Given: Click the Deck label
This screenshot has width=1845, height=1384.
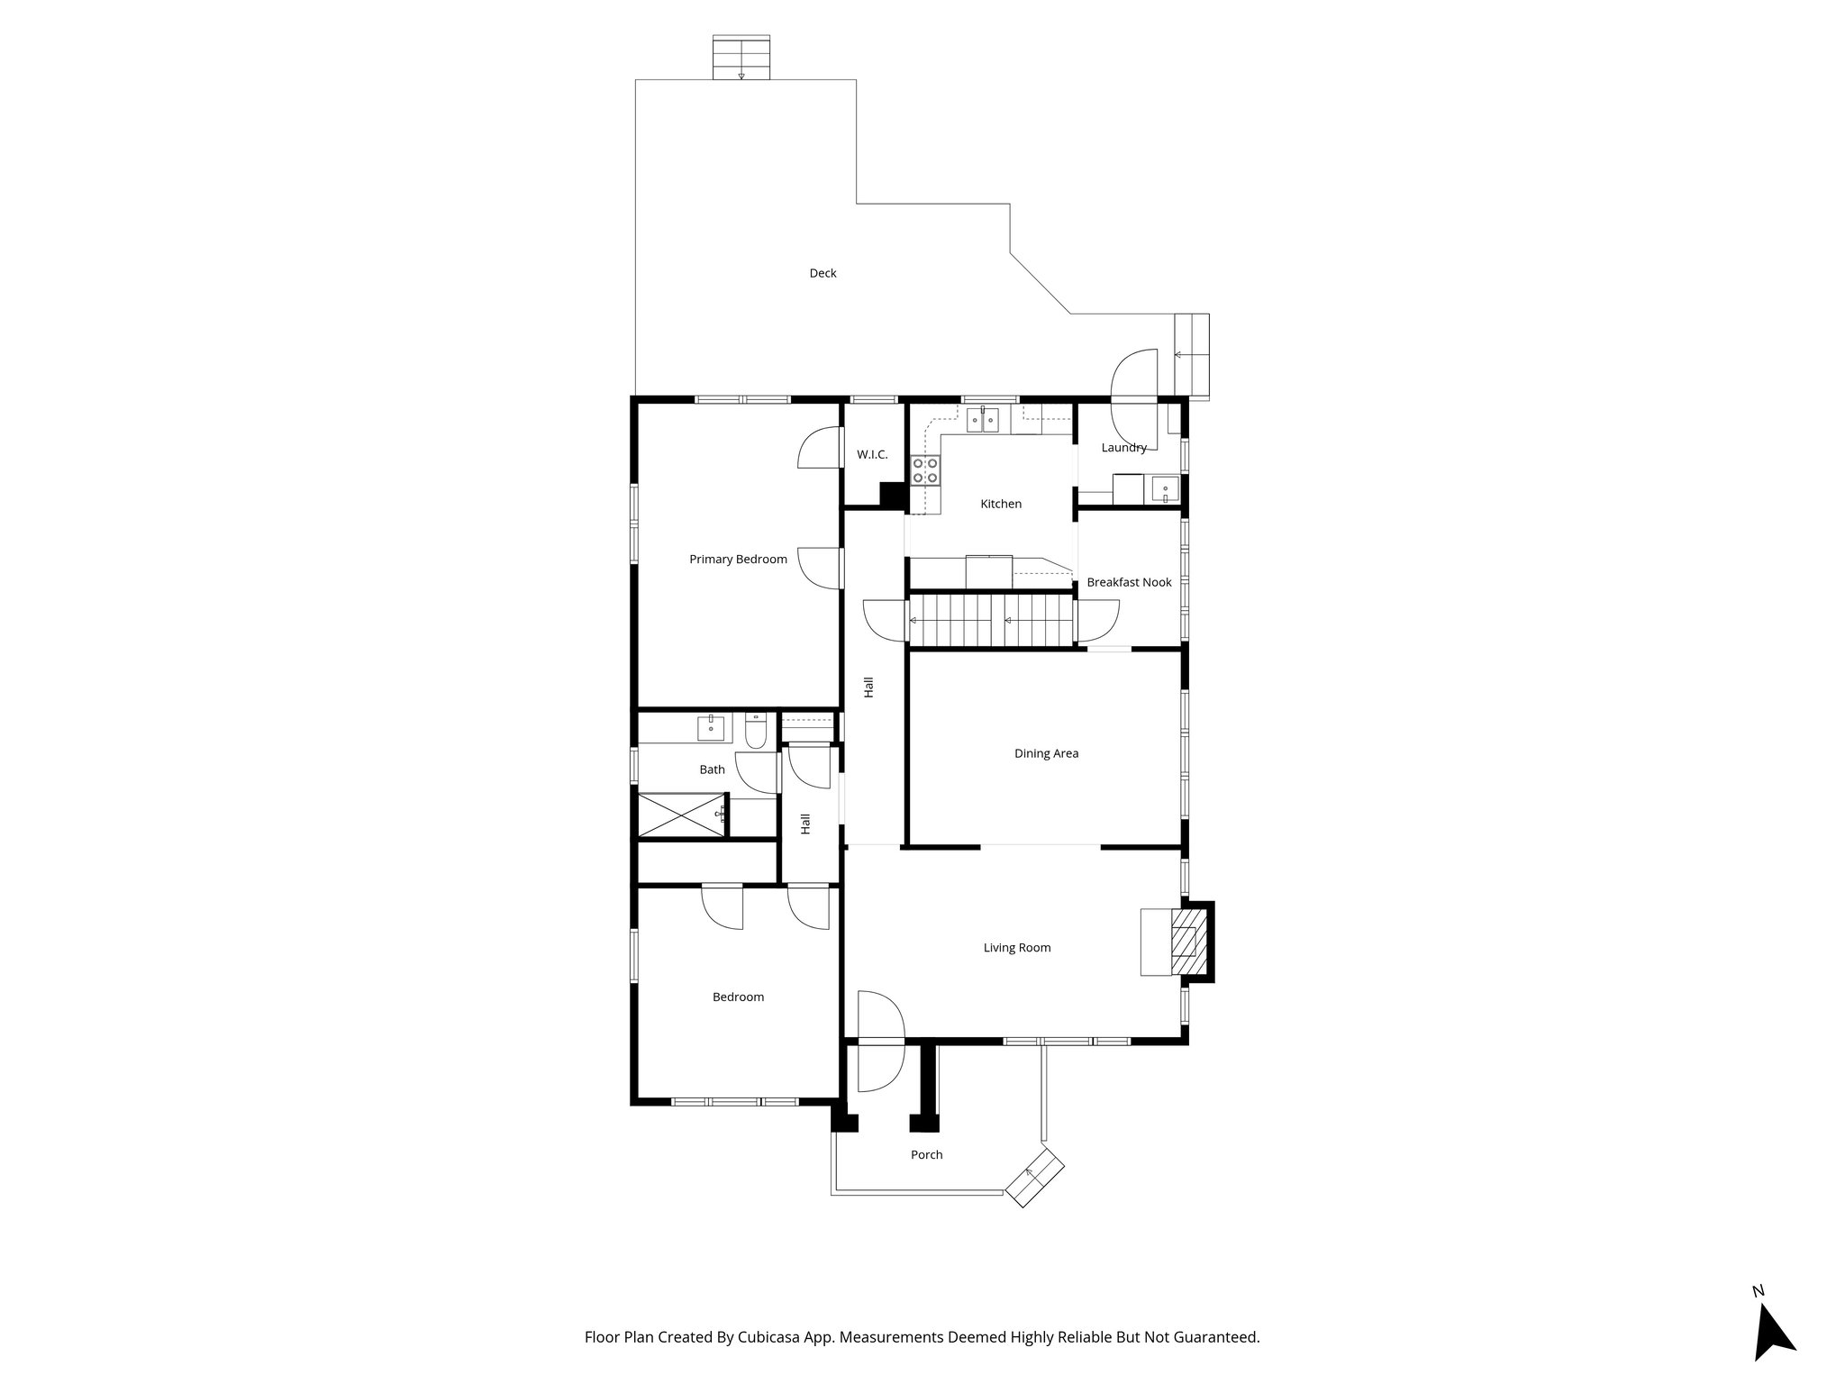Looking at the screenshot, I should (823, 273).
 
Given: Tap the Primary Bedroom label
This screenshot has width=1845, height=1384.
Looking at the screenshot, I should (738, 559).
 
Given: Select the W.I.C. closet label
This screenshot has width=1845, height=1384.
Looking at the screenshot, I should (872, 454).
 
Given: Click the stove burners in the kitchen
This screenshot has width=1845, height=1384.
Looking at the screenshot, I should (925, 470).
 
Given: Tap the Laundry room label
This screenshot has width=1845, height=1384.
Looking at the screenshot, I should (1123, 448).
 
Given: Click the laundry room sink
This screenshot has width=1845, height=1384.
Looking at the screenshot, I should (1165, 491).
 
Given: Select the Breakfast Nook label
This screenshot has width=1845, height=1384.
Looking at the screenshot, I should (1129, 582).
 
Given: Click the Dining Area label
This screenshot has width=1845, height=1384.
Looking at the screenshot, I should (1046, 753).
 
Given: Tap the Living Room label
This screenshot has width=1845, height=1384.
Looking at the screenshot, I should (1016, 947).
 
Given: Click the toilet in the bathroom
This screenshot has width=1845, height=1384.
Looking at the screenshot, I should (756, 731).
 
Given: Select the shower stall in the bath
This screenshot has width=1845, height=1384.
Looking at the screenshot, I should (682, 815).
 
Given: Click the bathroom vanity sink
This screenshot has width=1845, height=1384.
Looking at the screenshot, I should (711, 728).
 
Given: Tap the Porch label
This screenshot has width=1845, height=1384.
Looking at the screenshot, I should (926, 1154).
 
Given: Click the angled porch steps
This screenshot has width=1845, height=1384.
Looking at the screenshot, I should (1036, 1177).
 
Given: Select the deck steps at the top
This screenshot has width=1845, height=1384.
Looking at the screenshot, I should (741, 59).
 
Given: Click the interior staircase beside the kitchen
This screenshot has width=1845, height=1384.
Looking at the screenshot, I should (991, 620).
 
